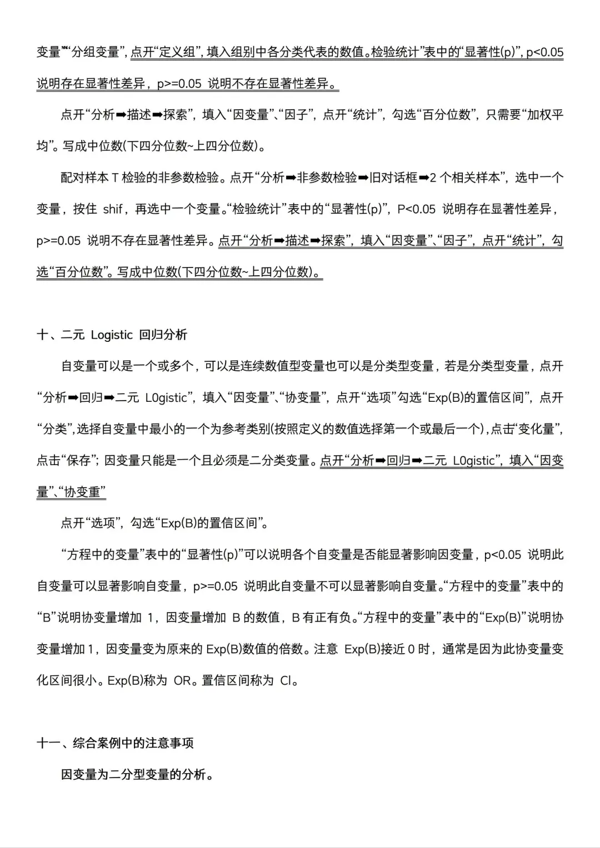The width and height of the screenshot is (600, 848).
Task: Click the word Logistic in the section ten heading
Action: (x=112, y=335)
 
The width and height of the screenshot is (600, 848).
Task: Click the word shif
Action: (x=113, y=209)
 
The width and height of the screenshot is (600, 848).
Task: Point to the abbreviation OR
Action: (x=182, y=680)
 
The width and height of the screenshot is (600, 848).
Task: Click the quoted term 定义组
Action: (x=177, y=52)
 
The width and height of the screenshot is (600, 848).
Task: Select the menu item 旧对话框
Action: (x=394, y=178)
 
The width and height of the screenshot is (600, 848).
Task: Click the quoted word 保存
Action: (x=79, y=461)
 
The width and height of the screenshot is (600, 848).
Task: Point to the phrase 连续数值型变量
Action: (x=283, y=366)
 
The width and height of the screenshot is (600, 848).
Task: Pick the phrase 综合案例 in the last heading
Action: (x=97, y=744)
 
